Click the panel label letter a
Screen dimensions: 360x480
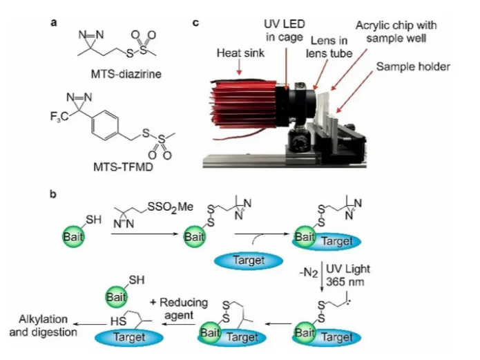pyautogui.click(x=52, y=22)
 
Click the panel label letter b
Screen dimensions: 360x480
pyautogui.click(x=53, y=194)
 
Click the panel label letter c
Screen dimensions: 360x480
pyautogui.click(x=196, y=22)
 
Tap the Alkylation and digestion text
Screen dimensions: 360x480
pyautogui.click(x=40, y=327)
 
